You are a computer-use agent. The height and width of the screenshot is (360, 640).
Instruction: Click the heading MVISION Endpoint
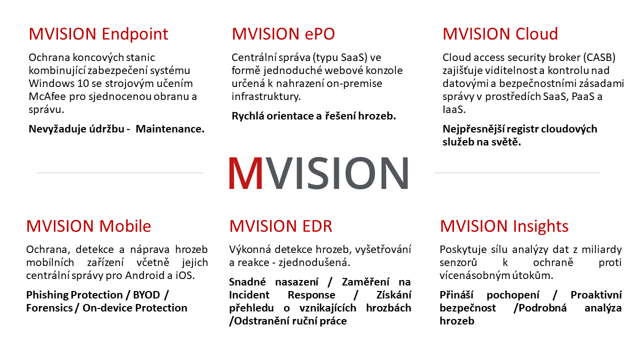[98, 34]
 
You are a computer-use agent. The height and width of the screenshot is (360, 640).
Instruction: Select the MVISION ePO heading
[283, 34]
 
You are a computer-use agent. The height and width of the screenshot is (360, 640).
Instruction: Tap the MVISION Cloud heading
[500, 34]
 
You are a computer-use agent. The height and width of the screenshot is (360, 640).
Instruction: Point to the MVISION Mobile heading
[88, 226]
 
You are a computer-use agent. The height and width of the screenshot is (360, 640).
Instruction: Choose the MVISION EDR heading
[280, 226]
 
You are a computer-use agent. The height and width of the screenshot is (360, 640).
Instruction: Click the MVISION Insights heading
[504, 226]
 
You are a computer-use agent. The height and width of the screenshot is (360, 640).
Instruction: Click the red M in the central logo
[245, 173]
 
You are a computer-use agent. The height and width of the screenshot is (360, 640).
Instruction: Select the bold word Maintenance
[170, 129]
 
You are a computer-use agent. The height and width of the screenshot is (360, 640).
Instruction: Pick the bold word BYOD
[146, 295]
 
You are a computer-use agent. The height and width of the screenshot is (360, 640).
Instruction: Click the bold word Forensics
[49, 308]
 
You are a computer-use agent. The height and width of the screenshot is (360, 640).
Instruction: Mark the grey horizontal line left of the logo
[120, 173]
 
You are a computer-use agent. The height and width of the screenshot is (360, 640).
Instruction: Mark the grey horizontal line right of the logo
[516, 173]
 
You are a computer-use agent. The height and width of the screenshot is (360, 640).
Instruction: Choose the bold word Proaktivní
[596, 295]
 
